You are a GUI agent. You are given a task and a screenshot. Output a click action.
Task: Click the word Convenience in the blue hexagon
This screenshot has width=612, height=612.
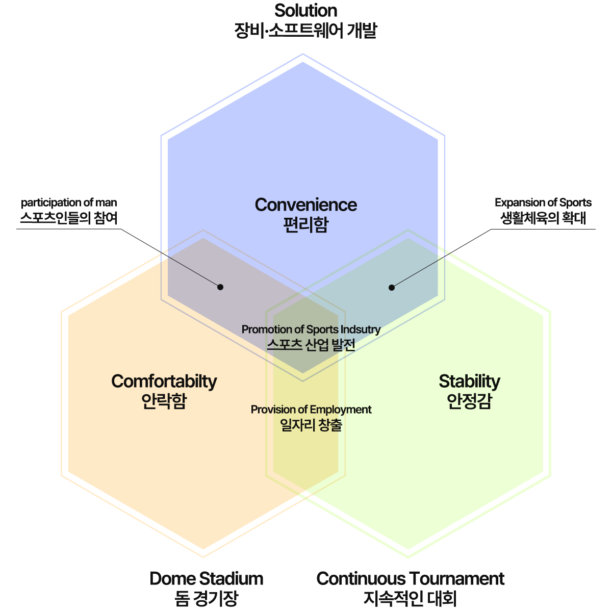(x=305, y=205)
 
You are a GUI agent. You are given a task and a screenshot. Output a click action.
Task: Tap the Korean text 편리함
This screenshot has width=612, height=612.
(x=305, y=225)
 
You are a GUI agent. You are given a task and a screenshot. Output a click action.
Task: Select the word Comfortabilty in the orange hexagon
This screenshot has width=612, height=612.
(x=164, y=381)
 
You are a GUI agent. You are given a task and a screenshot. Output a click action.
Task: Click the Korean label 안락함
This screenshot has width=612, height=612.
(x=164, y=401)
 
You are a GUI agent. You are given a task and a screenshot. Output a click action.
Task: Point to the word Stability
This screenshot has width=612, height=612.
(x=469, y=381)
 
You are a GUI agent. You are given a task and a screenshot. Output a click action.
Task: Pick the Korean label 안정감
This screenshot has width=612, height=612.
(x=469, y=401)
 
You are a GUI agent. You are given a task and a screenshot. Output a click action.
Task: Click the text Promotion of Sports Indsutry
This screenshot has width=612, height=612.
(x=311, y=329)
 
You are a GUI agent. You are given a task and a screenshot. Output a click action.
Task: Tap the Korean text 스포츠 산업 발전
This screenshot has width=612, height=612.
(x=311, y=345)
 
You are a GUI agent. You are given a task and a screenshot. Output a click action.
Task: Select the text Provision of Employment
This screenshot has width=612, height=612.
(x=311, y=410)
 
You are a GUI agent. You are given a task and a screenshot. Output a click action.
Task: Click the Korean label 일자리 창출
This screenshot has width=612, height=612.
(x=311, y=425)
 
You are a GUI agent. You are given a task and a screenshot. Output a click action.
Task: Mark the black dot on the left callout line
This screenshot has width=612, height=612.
(x=220, y=287)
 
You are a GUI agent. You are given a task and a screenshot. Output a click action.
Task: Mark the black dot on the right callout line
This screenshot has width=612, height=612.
(x=392, y=288)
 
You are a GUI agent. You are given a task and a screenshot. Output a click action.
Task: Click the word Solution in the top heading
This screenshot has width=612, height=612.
(x=305, y=11)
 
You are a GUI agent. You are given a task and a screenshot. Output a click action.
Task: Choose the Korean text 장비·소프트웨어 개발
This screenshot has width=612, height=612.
(x=305, y=30)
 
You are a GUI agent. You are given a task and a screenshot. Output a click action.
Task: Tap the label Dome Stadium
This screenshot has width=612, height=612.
(x=206, y=578)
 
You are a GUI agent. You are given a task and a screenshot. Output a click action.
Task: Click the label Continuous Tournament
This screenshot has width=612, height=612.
(x=410, y=578)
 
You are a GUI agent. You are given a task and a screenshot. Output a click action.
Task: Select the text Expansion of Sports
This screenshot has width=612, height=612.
(x=543, y=202)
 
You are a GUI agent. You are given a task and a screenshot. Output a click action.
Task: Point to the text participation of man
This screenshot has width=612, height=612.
(x=69, y=202)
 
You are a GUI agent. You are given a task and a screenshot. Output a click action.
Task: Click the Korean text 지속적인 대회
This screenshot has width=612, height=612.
(x=410, y=598)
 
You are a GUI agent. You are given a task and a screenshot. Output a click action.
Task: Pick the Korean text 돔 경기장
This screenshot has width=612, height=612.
(x=206, y=598)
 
